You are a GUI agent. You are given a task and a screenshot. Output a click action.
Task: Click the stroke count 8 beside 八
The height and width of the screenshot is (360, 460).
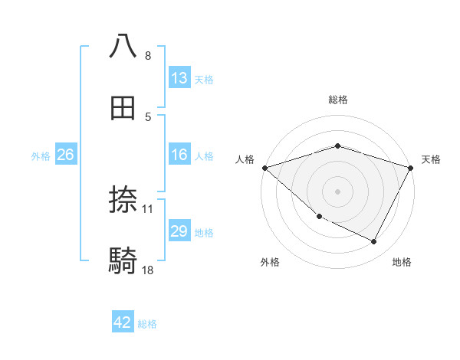(148, 56)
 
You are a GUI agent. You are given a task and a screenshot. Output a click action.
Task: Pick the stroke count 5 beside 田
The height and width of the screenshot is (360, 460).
(148, 116)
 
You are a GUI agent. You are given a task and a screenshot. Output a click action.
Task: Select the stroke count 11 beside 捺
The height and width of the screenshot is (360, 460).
(149, 209)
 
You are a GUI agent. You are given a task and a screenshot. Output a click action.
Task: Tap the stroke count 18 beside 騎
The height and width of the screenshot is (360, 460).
(149, 270)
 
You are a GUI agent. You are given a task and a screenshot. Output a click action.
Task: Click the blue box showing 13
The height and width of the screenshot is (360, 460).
(179, 78)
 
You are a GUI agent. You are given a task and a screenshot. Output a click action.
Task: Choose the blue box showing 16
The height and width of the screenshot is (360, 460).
(179, 155)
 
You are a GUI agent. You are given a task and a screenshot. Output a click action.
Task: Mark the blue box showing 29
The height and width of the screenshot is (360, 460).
(179, 231)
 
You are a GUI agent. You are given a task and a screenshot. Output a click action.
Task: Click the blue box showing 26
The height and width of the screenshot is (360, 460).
(65, 155)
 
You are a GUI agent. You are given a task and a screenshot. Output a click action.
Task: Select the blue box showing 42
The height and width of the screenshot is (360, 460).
(123, 322)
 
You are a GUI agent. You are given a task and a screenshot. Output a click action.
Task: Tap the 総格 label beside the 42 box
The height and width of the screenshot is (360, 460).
(147, 324)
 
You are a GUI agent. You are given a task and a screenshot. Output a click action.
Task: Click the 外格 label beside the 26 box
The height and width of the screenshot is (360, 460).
(41, 156)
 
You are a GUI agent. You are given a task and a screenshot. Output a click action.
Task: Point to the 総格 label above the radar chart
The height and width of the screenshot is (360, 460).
(337, 100)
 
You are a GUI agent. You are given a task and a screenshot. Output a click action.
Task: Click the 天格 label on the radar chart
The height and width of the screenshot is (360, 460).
(431, 159)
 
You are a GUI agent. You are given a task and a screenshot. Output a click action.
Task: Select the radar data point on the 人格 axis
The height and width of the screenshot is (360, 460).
(264, 168)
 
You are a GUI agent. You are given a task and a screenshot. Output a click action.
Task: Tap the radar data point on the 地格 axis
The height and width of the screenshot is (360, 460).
(374, 241)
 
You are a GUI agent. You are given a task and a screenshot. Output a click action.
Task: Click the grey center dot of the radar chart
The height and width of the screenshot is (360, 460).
(337, 191)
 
